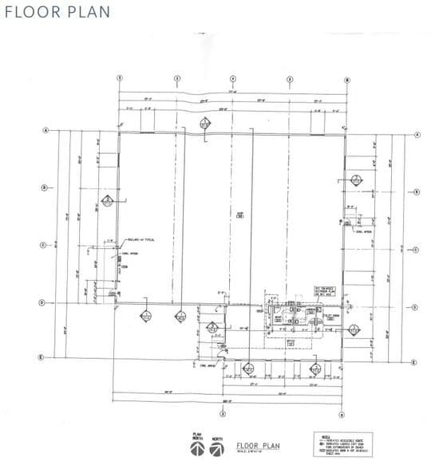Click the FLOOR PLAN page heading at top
(x=56, y=13)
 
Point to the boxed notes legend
(x=334, y=443)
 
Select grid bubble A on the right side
(x=417, y=135)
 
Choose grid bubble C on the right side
(x=417, y=250)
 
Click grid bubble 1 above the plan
(x=120, y=79)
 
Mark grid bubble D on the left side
(x=46, y=303)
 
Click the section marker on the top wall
(x=204, y=124)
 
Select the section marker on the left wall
(x=105, y=201)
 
